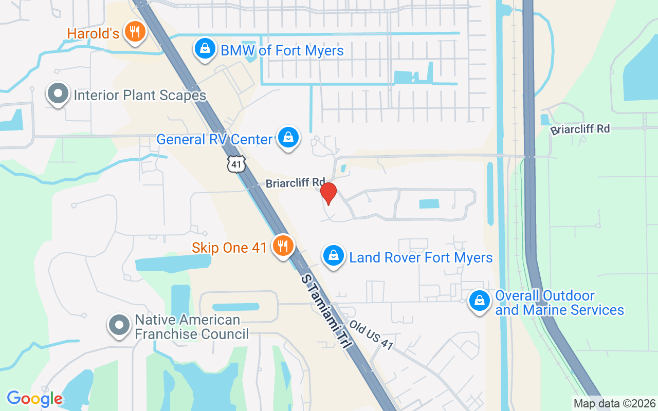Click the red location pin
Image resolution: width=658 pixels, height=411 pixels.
pos(328,193)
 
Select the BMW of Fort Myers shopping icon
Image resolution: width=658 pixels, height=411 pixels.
pos(205,49)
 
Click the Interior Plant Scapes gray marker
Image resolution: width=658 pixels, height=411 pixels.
pos(58,94)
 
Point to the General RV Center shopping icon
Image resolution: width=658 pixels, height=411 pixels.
pos(288,138)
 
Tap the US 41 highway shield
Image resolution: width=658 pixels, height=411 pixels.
pos(236,164)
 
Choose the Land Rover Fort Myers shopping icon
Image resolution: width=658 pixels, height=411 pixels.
pos(333,255)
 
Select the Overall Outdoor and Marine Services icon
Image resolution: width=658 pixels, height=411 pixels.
pos(480,301)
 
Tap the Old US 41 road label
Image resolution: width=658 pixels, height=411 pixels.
pos(371,335)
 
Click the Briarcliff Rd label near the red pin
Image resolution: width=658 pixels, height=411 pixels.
pos(295,182)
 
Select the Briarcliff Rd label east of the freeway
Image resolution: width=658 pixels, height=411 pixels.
pos(580,129)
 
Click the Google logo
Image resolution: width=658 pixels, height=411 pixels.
pos(34,399)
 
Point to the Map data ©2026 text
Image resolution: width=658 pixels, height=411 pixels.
pos(614,403)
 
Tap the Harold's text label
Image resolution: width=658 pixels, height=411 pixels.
pos(93,34)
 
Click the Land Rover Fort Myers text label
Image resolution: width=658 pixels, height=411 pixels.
pos(421,257)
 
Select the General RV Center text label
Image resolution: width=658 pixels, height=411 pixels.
pos(214,139)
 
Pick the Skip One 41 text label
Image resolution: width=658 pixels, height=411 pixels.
pos(229,248)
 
